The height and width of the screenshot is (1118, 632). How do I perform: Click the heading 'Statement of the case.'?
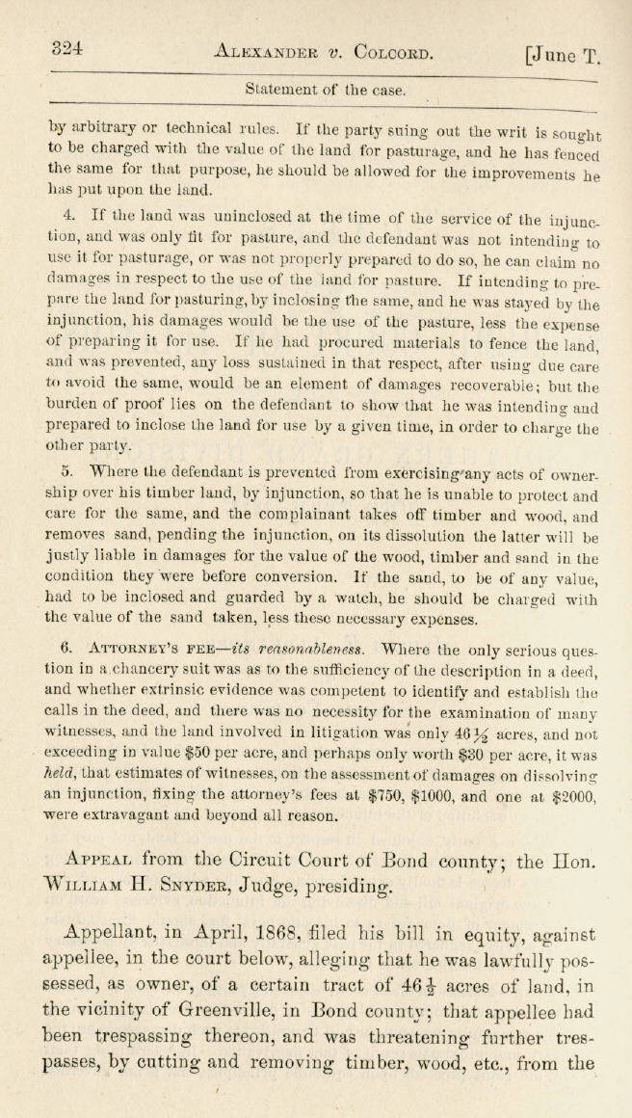tap(326, 90)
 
